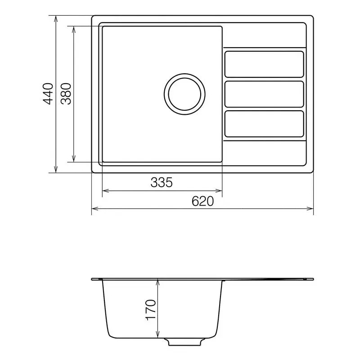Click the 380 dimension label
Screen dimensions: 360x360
(66, 94)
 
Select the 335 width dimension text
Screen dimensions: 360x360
(162, 182)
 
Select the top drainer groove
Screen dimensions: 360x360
(264, 64)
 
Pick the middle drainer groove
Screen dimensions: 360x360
(264, 94)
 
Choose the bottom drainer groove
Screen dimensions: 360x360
(264, 123)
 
